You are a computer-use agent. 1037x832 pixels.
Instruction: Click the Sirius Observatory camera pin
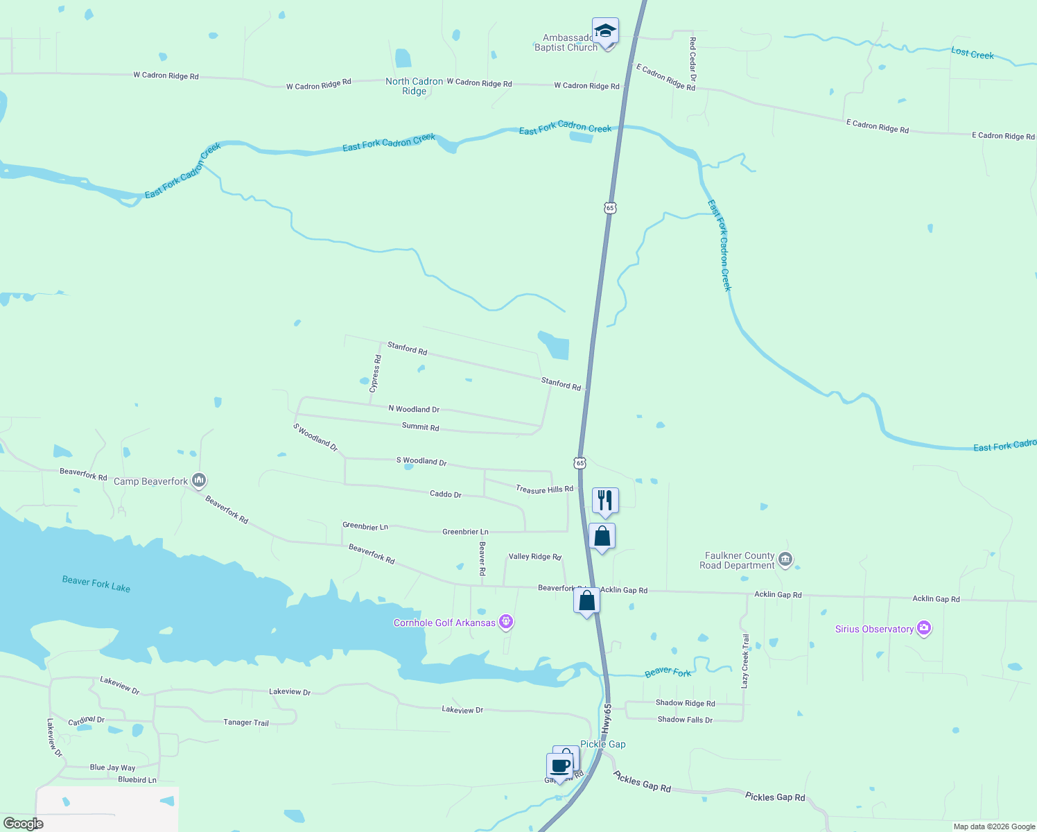click(923, 628)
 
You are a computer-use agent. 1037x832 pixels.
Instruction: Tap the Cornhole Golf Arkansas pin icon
click(506, 622)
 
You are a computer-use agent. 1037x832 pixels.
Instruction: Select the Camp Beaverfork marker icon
click(199, 480)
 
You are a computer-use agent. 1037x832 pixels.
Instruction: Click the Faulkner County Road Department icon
click(785, 559)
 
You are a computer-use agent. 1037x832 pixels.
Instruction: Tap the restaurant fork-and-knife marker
click(605, 500)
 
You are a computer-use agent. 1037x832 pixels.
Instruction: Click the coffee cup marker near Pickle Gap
click(559, 766)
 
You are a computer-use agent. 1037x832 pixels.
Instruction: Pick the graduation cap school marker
click(605, 31)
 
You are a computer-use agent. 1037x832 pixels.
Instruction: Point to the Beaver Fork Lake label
click(96, 584)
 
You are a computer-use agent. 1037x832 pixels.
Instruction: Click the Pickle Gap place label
click(603, 744)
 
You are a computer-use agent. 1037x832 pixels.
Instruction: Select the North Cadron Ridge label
click(414, 86)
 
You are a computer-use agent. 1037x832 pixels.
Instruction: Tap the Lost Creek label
click(972, 53)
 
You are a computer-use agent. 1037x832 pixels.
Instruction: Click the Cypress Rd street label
click(376, 374)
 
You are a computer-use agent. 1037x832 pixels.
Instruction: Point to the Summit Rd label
click(420, 427)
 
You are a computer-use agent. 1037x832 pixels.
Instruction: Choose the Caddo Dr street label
click(445, 494)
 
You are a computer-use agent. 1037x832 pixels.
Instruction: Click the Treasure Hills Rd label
click(544, 489)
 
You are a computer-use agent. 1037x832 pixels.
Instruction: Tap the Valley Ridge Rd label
click(534, 557)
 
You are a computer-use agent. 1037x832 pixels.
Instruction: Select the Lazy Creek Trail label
click(745, 661)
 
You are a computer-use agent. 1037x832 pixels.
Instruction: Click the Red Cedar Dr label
click(692, 59)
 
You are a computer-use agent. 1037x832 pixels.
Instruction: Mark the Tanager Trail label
click(245, 722)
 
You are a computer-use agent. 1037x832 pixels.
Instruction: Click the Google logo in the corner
click(24, 824)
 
